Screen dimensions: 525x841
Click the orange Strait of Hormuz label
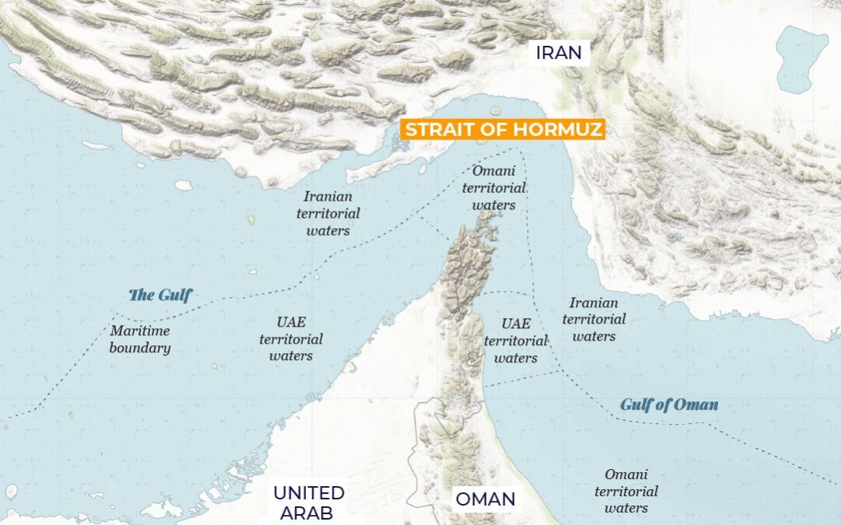502,129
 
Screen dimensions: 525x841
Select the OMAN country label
485,499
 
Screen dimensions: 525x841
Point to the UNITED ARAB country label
308,502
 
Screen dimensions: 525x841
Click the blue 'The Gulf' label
160,295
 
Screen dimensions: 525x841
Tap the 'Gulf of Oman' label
669,404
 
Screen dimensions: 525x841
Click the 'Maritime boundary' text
139,340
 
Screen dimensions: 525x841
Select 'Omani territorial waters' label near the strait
494,187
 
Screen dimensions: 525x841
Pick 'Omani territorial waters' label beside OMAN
626,491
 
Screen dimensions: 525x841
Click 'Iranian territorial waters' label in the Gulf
328,214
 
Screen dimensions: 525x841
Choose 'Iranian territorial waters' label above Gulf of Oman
593,320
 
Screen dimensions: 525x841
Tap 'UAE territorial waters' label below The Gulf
291,338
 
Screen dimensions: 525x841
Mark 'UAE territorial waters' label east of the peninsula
516,341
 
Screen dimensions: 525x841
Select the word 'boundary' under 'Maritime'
139,348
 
